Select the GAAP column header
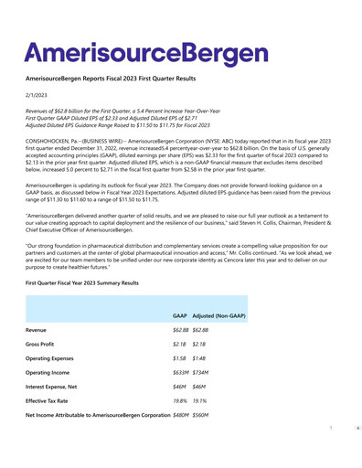pos(180,315)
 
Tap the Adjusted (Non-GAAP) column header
pos(220,315)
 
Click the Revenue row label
pos(37,329)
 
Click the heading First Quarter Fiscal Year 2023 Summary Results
pos(82,283)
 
